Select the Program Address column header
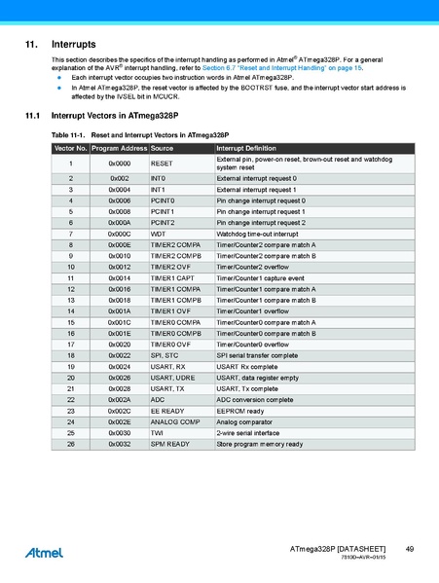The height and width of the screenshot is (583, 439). click(x=119, y=147)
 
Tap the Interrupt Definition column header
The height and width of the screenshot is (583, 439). click(x=245, y=147)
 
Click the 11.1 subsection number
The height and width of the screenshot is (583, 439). click(x=30, y=115)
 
